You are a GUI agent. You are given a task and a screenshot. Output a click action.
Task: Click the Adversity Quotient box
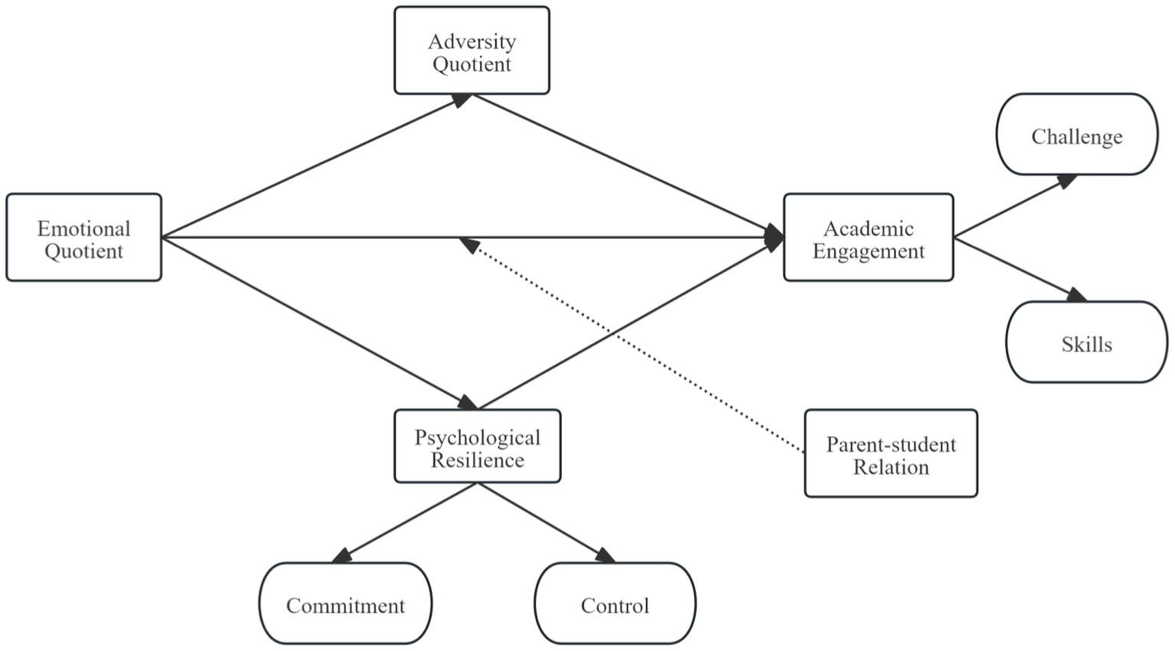tap(472, 51)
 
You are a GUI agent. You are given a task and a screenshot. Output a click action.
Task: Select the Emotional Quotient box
tap(84, 237)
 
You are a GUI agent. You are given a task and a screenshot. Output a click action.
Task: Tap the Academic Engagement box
tap(868, 237)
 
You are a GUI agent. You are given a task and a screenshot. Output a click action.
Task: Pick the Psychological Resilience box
tap(477, 447)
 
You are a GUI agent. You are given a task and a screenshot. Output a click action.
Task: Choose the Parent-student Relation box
tap(890, 453)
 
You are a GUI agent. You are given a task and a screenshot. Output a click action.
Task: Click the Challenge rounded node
tap(1076, 135)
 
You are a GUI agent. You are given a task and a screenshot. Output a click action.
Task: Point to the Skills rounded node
tap(1086, 342)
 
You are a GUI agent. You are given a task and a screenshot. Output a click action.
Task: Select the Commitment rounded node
tap(345, 604)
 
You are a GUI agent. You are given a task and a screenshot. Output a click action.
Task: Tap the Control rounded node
tap(615, 604)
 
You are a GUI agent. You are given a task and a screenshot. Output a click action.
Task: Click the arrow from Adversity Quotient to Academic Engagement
tap(628, 165)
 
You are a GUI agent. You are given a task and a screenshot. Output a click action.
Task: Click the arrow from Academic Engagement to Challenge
tap(1014, 207)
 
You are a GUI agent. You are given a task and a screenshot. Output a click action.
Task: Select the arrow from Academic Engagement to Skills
tap(1018, 268)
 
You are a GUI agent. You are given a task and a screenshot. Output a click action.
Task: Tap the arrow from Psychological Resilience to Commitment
tap(406, 522)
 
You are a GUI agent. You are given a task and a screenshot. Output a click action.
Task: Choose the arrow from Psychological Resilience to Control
tap(545, 522)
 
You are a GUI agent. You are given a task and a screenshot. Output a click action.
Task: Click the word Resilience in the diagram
tap(478, 460)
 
